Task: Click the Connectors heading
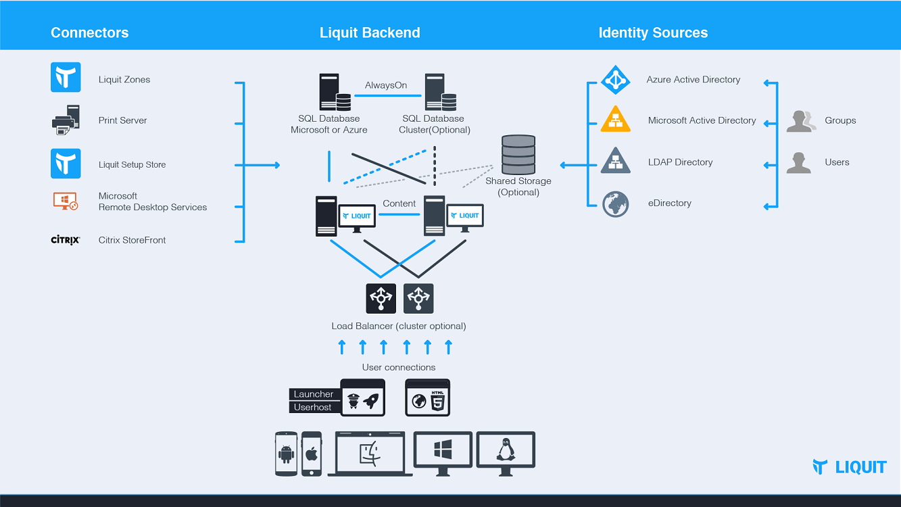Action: point(89,32)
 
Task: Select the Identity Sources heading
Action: point(653,32)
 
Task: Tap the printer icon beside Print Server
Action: point(66,120)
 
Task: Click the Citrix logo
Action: point(66,240)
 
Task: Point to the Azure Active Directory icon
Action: point(615,80)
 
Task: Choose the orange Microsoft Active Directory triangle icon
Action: point(615,120)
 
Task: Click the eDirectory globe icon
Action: point(615,203)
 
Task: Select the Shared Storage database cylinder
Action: point(518,155)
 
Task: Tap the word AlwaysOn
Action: point(386,85)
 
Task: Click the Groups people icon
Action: point(801,121)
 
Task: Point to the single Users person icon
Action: point(798,163)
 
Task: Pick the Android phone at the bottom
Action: point(287,454)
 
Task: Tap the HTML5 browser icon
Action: point(427,398)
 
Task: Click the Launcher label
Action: point(314,394)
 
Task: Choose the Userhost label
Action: point(313,407)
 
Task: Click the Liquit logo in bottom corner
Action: point(849,466)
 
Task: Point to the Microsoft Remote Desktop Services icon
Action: point(66,201)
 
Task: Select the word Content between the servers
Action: point(399,203)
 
